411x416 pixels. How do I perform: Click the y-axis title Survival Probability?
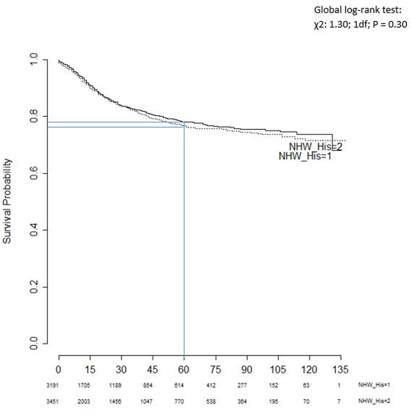point(7,201)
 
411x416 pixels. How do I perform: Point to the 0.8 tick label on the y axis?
point(34,117)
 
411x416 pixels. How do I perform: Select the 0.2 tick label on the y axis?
point(34,287)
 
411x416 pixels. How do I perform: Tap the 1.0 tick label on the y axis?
point(34,60)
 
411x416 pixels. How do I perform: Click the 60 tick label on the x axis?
point(184,370)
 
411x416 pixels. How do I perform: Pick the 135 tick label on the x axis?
point(340,370)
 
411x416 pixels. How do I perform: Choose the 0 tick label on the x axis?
point(59,370)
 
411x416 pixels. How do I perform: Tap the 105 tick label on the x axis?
point(277,370)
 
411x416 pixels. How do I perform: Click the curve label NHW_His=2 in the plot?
point(315,147)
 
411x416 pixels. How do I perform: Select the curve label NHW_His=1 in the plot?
point(305,156)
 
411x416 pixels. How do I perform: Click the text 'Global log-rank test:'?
point(358,10)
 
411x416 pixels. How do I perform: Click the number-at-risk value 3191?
point(52,385)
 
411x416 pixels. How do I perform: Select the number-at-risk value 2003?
point(84,401)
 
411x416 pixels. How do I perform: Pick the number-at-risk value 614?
point(179,385)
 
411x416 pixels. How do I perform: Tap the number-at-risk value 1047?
point(146,401)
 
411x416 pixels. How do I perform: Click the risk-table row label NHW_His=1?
point(374,385)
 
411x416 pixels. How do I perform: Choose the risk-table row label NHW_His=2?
point(374,401)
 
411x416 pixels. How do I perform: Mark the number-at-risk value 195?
point(273,401)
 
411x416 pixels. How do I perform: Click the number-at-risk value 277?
point(242,385)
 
